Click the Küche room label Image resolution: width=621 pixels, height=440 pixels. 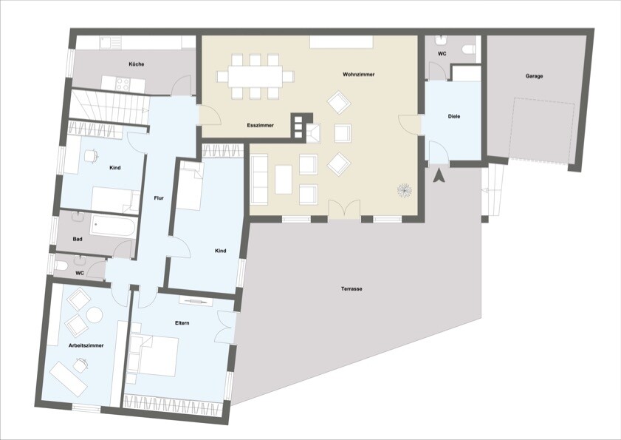[137, 64]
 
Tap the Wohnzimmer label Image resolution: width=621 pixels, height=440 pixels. [358, 74]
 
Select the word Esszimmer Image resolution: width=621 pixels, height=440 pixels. [260, 125]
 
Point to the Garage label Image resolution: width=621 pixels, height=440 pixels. [535, 75]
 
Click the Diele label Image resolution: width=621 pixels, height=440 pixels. [454, 116]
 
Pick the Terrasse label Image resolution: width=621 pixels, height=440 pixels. [351, 289]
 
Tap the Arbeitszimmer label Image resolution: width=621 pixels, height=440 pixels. [86, 345]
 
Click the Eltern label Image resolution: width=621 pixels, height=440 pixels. [182, 323]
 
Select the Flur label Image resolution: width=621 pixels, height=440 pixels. [159, 197]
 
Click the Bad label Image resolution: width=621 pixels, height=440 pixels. [78, 239]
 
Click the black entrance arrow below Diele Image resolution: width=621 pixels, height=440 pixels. [439, 176]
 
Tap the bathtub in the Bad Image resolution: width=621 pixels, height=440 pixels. [113, 227]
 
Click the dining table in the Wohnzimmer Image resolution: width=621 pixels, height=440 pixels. [255, 77]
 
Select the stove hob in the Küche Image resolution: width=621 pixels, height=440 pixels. [123, 84]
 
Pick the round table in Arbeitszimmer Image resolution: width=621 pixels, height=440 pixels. [95, 315]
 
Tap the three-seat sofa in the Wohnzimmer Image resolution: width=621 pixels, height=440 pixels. [259, 180]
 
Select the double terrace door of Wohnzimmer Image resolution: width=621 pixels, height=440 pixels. [345, 209]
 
